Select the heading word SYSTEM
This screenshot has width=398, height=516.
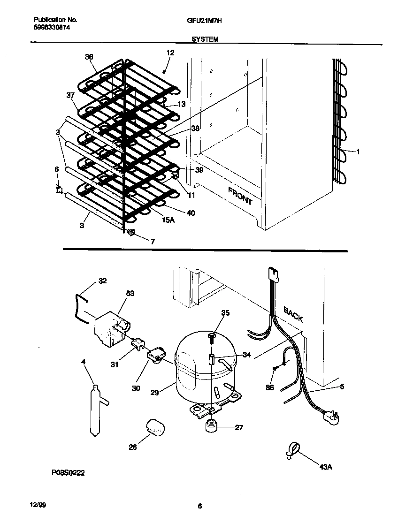(205, 40)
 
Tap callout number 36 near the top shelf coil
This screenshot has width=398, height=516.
(89, 57)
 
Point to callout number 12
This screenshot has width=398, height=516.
(170, 53)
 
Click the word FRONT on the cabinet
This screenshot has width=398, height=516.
(240, 196)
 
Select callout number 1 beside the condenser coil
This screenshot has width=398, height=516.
(358, 152)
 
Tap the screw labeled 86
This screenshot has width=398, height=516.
(275, 369)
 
